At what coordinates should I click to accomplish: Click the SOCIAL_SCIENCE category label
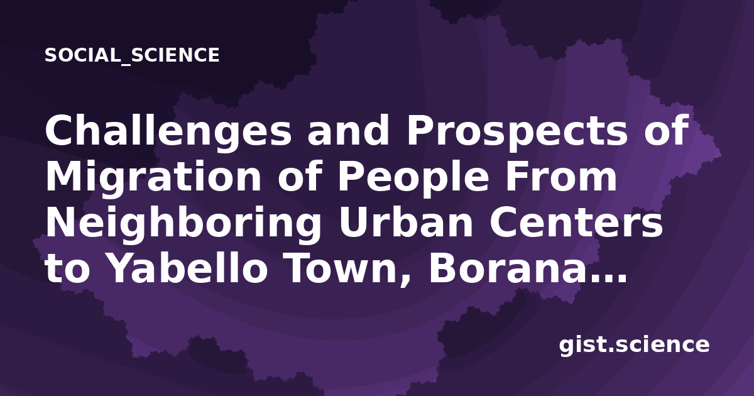132,55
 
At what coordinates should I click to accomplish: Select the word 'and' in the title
349,130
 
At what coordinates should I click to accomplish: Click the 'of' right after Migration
299,177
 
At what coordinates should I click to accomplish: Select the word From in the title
561,177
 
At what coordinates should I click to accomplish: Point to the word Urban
406,223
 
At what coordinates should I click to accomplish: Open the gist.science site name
634,346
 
